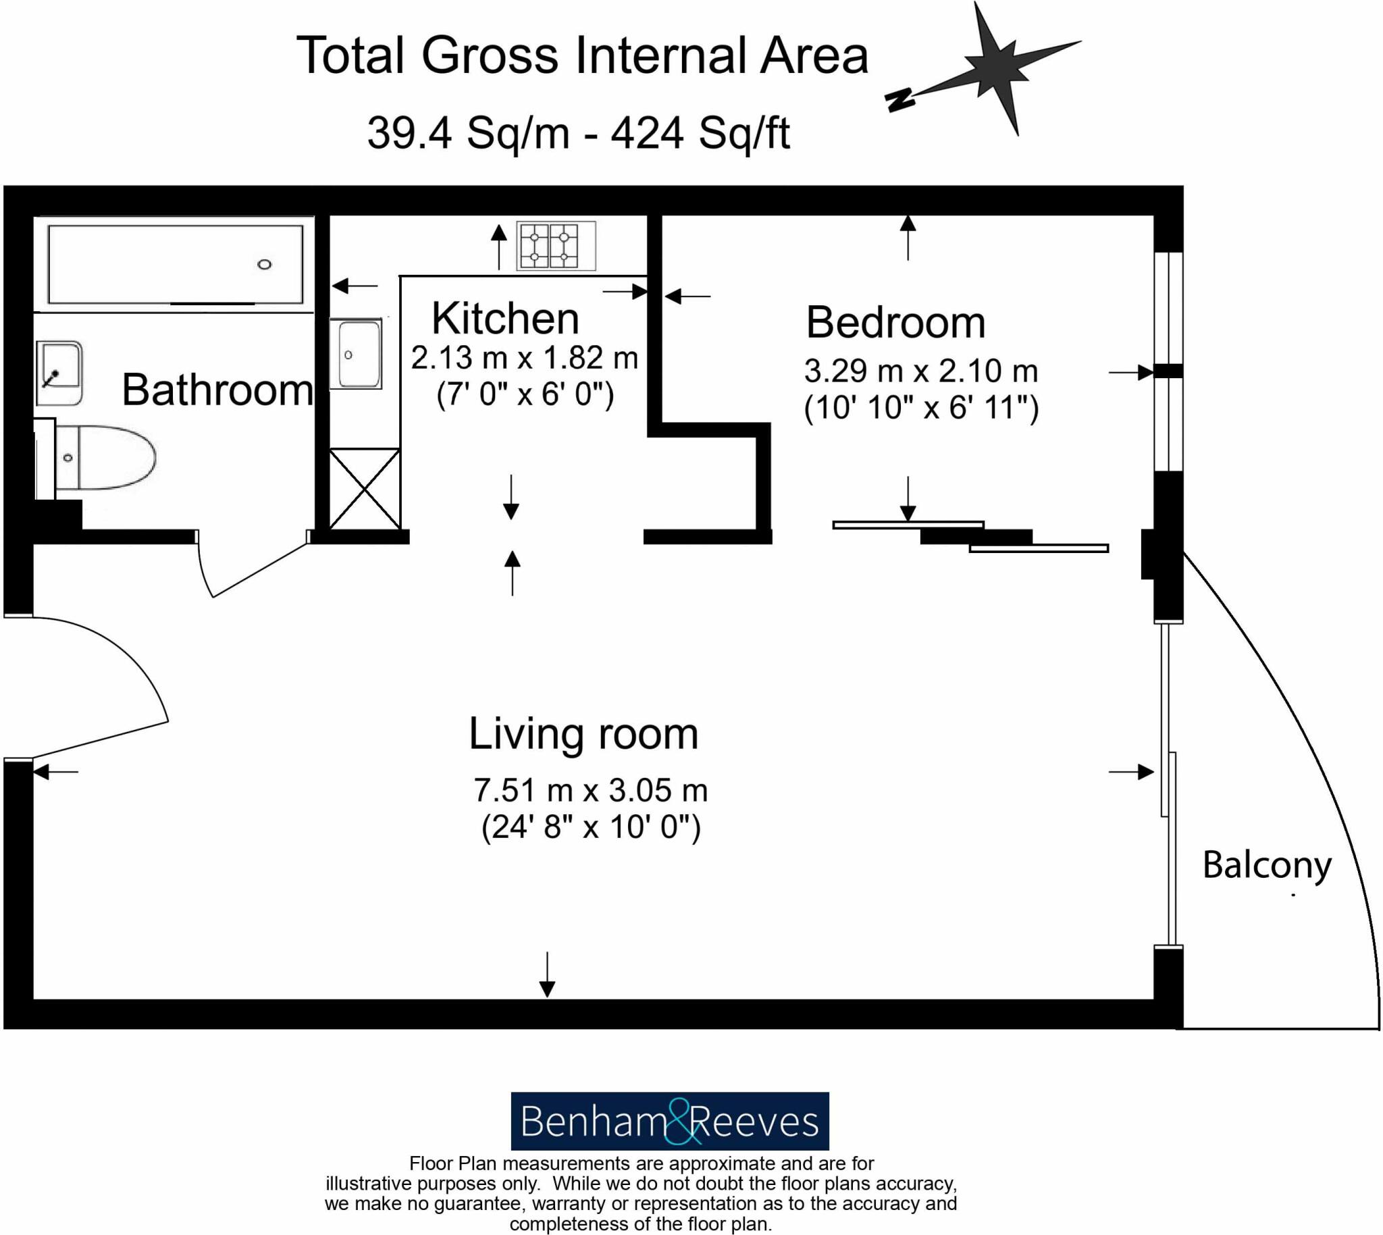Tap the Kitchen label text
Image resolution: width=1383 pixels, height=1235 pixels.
point(505,318)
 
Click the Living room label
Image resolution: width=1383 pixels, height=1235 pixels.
point(583,734)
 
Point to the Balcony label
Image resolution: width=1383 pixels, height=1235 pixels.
point(1266,865)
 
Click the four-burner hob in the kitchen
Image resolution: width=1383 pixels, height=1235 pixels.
point(555,246)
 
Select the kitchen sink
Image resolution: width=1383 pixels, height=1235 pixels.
point(357,354)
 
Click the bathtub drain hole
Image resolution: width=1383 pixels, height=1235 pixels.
point(265,265)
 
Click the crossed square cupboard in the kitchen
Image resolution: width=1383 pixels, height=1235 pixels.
point(365,488)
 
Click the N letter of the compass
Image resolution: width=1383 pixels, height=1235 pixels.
point(902,100)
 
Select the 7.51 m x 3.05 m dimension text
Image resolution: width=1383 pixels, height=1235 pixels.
point(590,791)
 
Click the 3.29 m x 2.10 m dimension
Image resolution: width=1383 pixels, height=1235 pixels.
point(921,371)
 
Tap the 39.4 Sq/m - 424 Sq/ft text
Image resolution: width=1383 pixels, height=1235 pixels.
point(578,133)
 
